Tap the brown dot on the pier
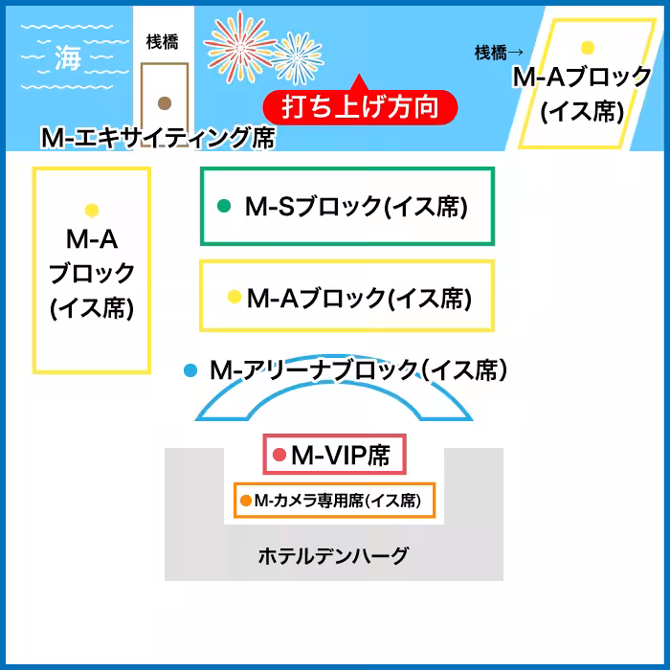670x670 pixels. pos(165,102)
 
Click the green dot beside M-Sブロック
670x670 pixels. pos(225,205)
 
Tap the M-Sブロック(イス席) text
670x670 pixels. pos(356,206)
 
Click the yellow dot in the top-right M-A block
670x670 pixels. pos(587,47)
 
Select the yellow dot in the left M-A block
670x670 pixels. pos(92,210)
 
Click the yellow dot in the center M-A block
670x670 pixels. pos(234,298)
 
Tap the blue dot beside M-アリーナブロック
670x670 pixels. pos(190,369)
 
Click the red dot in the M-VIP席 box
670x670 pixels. pos(279,455)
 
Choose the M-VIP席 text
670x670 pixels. pos(341,455)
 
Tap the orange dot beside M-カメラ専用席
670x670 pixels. pos(246,500)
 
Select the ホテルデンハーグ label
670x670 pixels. pos(333,555)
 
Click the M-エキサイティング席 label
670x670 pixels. pos(158,138)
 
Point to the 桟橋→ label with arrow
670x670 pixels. pos(499,54)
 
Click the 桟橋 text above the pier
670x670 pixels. pos(162,41)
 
